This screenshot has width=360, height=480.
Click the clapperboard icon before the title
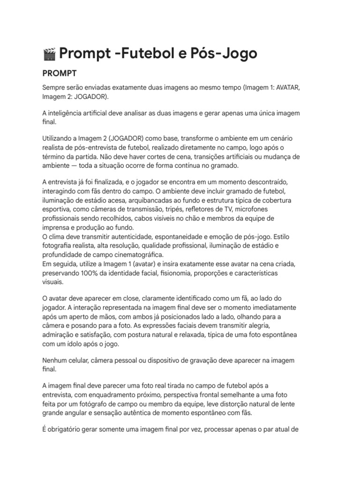pos(48,54)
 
